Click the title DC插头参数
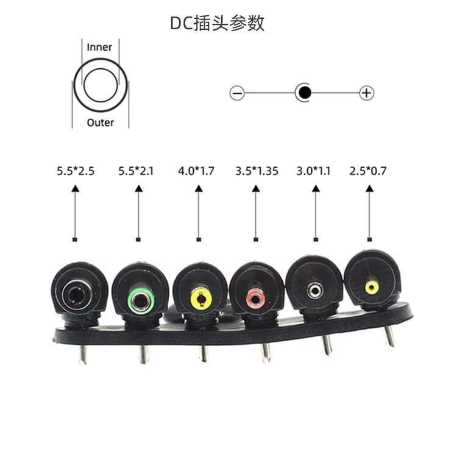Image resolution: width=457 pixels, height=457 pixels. point(217,23)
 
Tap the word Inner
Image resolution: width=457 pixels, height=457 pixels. point(99,47)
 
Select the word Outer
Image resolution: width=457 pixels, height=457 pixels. point(101,122)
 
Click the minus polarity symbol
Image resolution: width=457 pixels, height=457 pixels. point(237,93)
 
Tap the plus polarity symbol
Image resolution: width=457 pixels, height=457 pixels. point(367,93)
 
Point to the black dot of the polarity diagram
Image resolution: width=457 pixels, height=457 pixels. point(305,93)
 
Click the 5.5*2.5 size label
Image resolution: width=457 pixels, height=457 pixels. point(76,171)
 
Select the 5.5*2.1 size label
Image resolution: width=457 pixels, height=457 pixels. point(136,171)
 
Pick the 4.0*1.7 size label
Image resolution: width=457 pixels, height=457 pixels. point(196,171)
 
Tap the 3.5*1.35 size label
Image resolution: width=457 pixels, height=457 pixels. point(257,171)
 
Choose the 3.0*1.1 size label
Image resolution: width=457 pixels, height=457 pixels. point(314,171)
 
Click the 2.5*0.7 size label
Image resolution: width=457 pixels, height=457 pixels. point(368,171)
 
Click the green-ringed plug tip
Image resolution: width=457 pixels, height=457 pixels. point(141,301)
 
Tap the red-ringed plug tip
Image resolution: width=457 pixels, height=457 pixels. point(255,299)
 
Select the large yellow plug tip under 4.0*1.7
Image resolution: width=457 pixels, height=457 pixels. point(201,299)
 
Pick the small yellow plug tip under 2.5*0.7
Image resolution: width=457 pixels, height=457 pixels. point(372,288)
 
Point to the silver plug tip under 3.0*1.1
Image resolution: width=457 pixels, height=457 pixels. point(315,291)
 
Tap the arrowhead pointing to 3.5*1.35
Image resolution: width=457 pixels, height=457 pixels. point(256,188)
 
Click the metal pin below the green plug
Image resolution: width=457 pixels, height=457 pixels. point(144,355)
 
